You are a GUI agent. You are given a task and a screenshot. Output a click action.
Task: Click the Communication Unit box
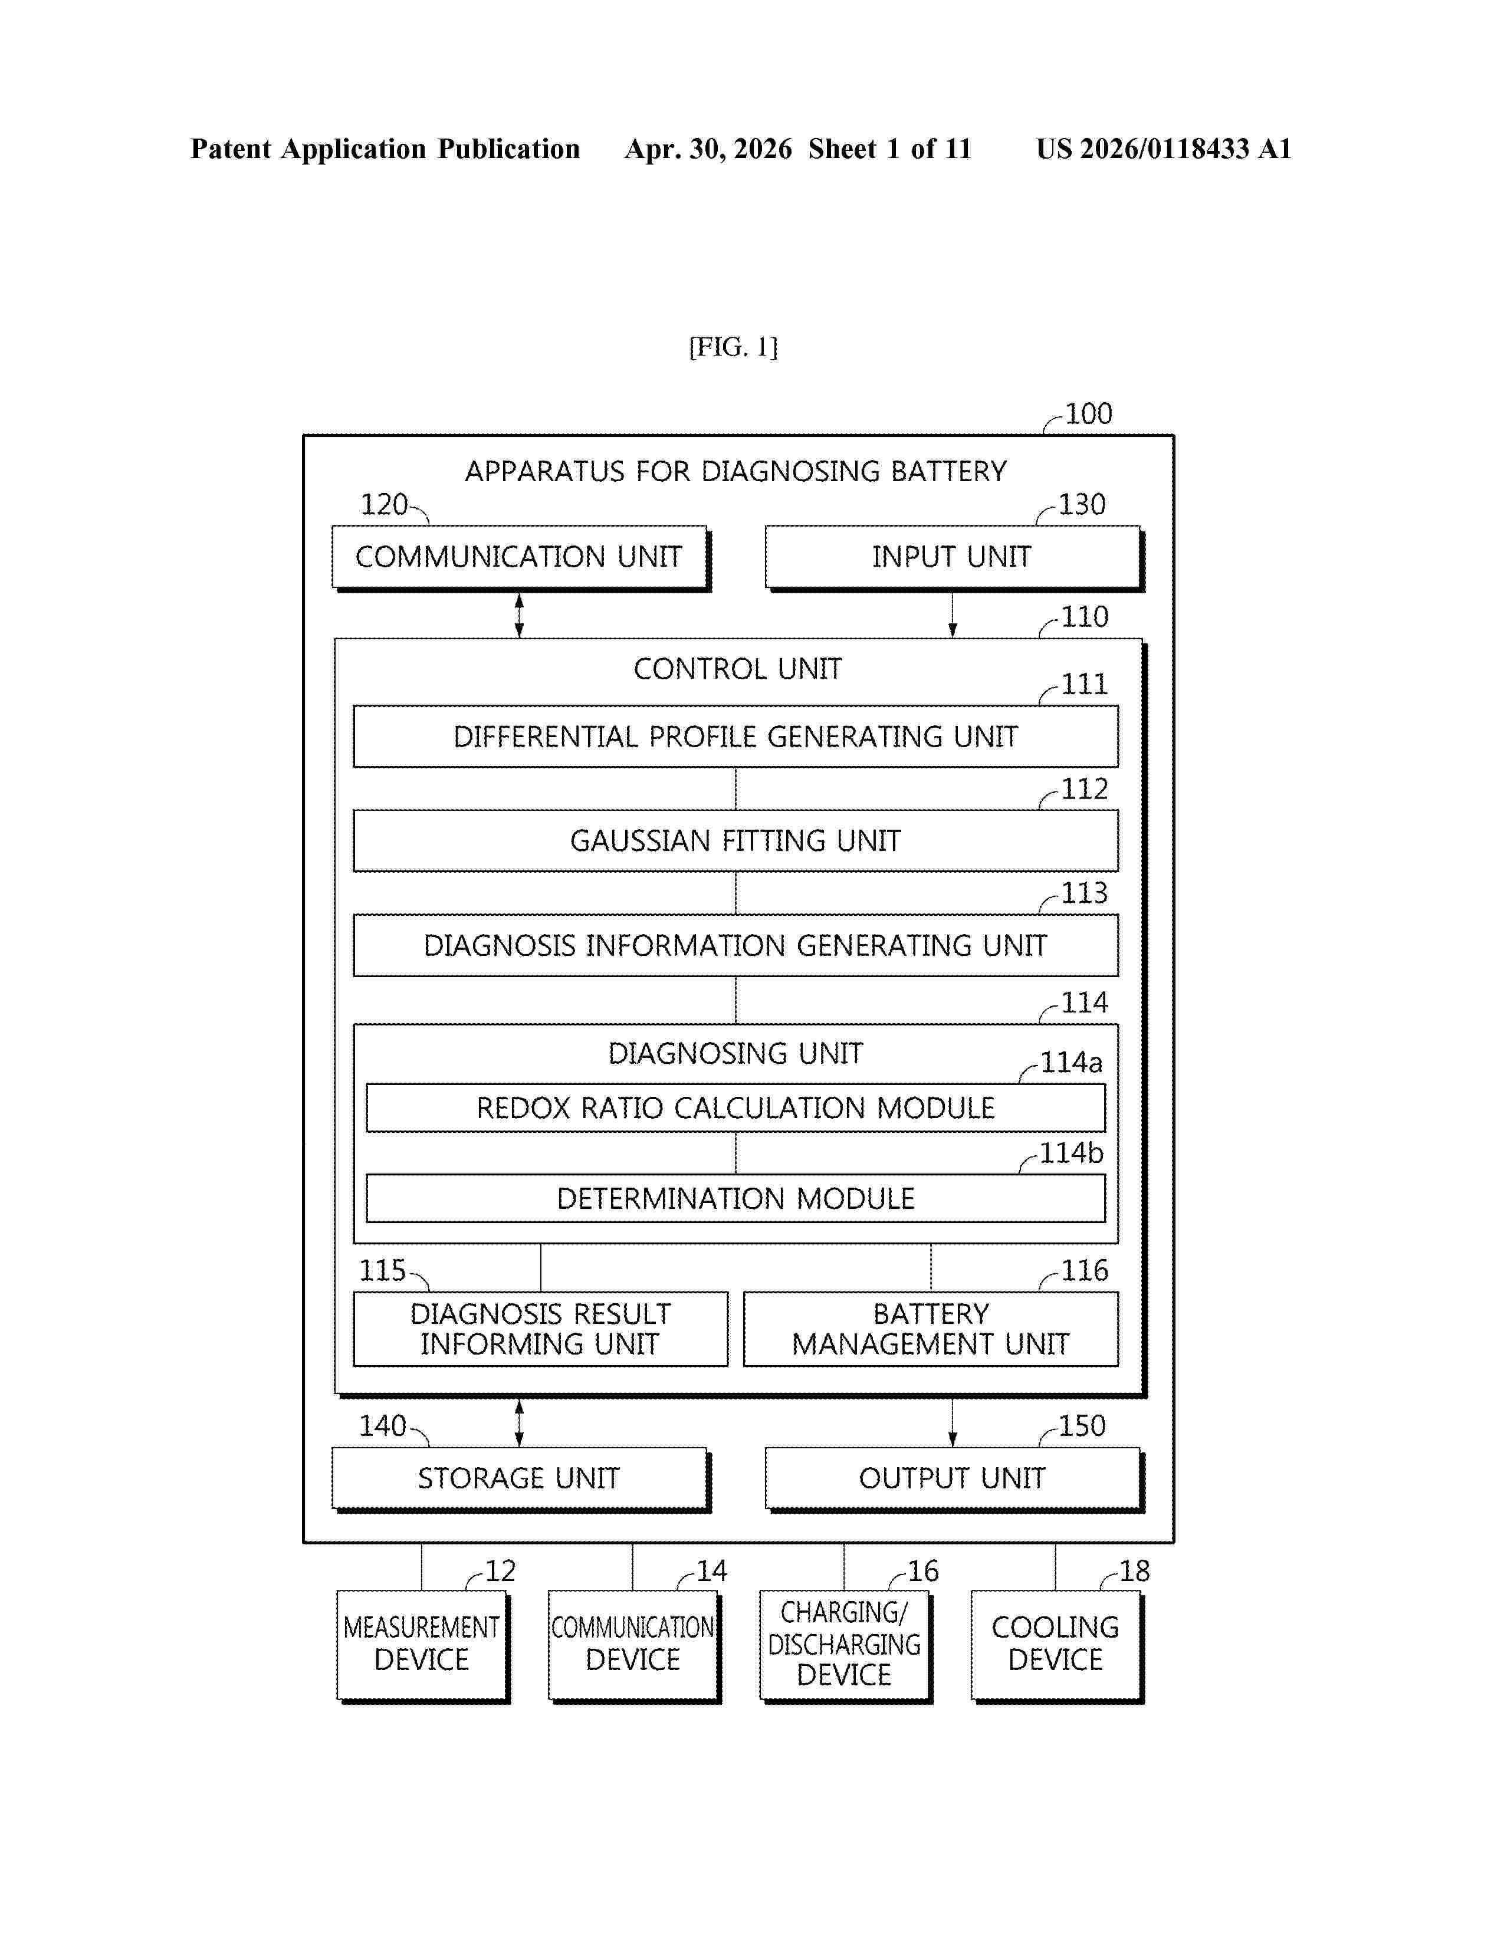tap(520, 558)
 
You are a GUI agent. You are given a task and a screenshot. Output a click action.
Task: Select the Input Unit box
tap(954, 558)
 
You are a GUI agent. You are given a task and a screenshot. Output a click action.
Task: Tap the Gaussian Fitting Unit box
tap(736, 840)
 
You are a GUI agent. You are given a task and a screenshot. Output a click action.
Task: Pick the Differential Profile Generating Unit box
tap(736, 736)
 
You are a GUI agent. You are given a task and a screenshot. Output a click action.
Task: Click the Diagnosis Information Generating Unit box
tap(736, 945)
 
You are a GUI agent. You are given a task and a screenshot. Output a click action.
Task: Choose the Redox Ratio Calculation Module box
tap(736, 1107)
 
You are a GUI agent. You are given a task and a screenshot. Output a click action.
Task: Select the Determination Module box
tap(736, 1198)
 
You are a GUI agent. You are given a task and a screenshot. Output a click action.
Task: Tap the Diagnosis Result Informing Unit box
tap(541, 1329)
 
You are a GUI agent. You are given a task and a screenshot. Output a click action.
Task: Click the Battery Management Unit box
tap(931, 1329)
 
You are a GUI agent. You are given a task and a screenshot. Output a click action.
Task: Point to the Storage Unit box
tap(520, 1479)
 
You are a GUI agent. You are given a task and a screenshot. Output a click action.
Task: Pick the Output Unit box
tap(954, 1479)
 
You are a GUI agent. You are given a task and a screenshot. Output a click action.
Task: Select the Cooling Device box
tap(1057, 1646)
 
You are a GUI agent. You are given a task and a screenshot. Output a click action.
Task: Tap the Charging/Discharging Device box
tap(846, 1646)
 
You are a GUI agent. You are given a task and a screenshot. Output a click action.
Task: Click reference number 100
tap(1089, 415)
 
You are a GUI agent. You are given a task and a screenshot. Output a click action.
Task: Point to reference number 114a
tap(1072, 1062)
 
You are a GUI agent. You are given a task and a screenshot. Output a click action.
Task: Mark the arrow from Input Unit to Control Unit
tap(953, 615)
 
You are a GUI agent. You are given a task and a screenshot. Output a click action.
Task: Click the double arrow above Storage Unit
tap(520, 1423)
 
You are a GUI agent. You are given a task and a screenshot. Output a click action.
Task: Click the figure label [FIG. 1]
tap(733, 347)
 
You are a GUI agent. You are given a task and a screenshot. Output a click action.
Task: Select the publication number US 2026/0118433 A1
tap(1164, 149)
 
